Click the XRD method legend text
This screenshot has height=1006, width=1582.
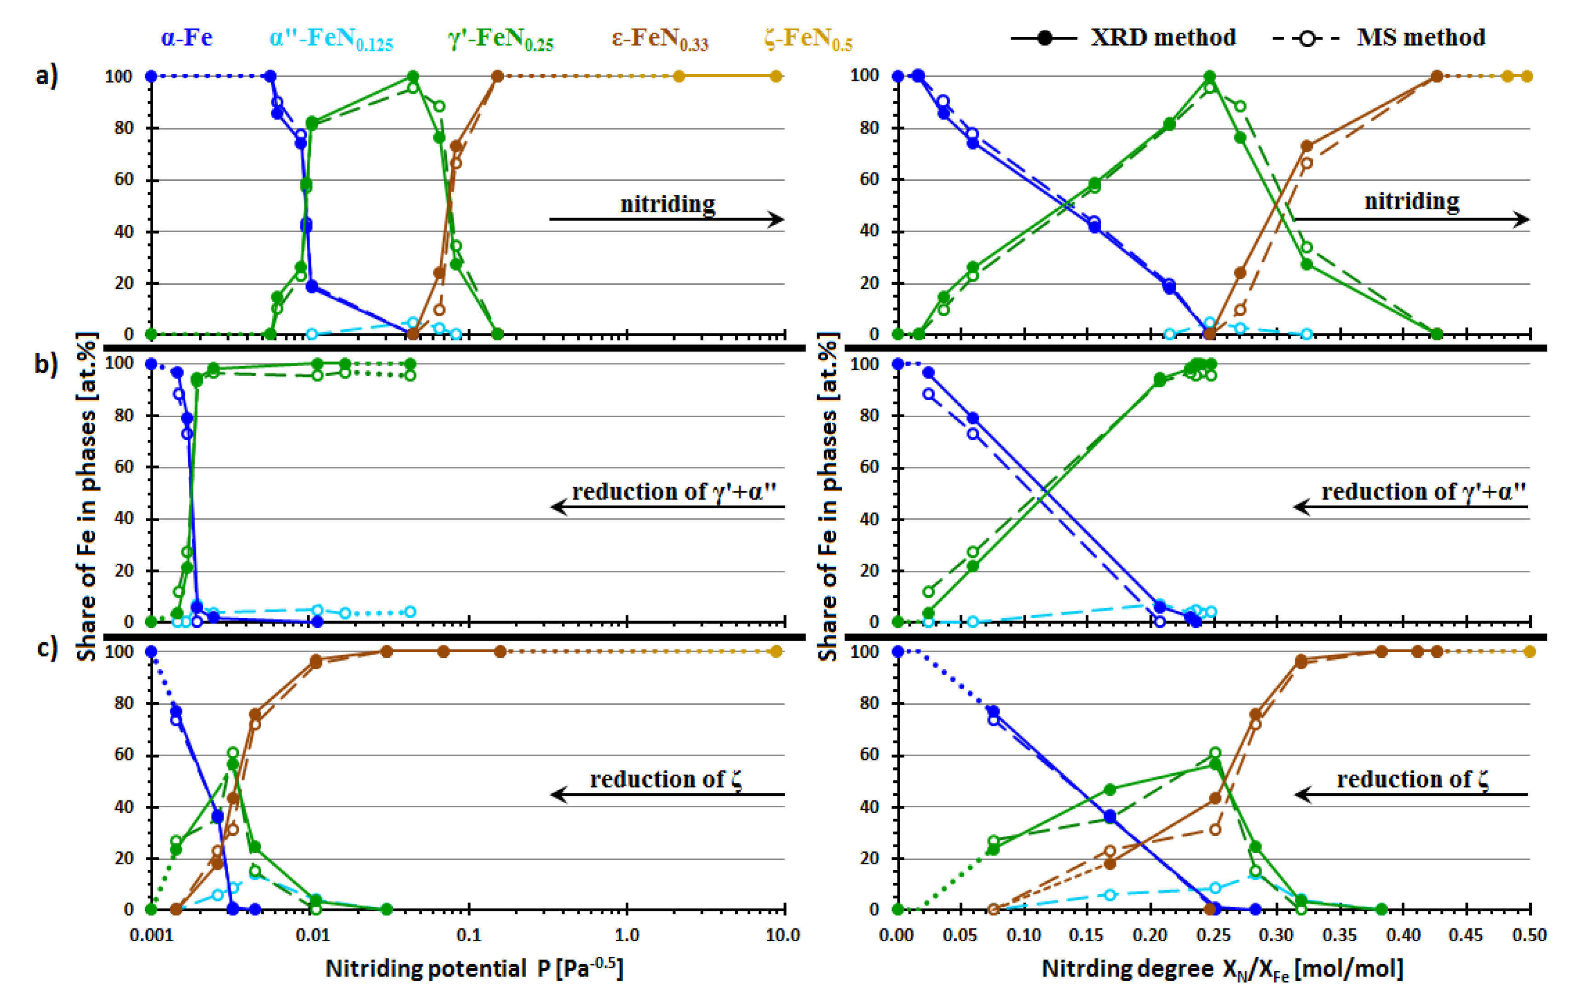(x=1163, y=37)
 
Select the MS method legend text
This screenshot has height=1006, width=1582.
(x=1421, y=37)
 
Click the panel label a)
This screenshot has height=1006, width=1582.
(x=46, y=75)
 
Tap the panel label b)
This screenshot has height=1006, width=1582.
(x=46, y=363)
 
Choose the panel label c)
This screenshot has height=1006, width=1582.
(x=46, y=649)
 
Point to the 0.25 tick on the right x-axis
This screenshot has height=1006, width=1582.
(x=1214, y=934)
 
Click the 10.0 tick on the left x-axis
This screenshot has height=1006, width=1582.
(x=782, y=934)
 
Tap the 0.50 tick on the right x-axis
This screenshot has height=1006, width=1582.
(x=1529, y=934)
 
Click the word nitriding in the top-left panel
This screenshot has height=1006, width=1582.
(x=667, y=204)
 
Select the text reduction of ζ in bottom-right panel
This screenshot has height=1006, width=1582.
(x=1413, y=779)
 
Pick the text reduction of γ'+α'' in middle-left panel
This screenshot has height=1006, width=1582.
(x=673, y=492)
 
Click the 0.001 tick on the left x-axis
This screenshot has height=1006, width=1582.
(x=152, y=934)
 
